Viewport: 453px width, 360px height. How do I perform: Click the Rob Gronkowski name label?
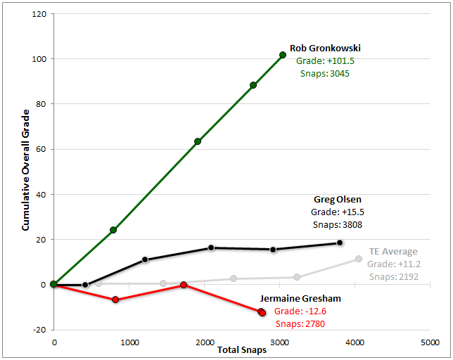(325, 49)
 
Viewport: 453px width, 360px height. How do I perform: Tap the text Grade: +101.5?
(325, 61)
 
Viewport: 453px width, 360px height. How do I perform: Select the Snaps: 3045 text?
(325, 73)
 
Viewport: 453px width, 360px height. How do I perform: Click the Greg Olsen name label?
(338, 199)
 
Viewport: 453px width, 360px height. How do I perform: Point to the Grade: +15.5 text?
(337, 212)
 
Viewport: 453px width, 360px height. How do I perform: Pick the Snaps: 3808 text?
(337, 224)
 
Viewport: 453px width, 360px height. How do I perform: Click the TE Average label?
(393, 251)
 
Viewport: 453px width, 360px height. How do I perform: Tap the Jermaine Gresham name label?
(301, 298)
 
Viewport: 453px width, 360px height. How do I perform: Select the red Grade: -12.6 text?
(300, 311)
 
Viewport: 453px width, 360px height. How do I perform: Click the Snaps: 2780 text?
(300, 323)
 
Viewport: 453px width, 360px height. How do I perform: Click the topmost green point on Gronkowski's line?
(283, 55)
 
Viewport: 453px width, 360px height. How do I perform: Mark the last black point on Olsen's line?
(340, 243)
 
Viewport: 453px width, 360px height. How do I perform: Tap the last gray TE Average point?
(359, 259)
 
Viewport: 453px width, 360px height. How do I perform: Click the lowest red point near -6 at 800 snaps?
(115, 300)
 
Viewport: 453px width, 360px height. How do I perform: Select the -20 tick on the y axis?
(39, 330)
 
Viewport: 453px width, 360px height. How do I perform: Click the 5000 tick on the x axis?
(430, 342)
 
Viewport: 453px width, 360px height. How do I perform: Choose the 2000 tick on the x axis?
(204, 342)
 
